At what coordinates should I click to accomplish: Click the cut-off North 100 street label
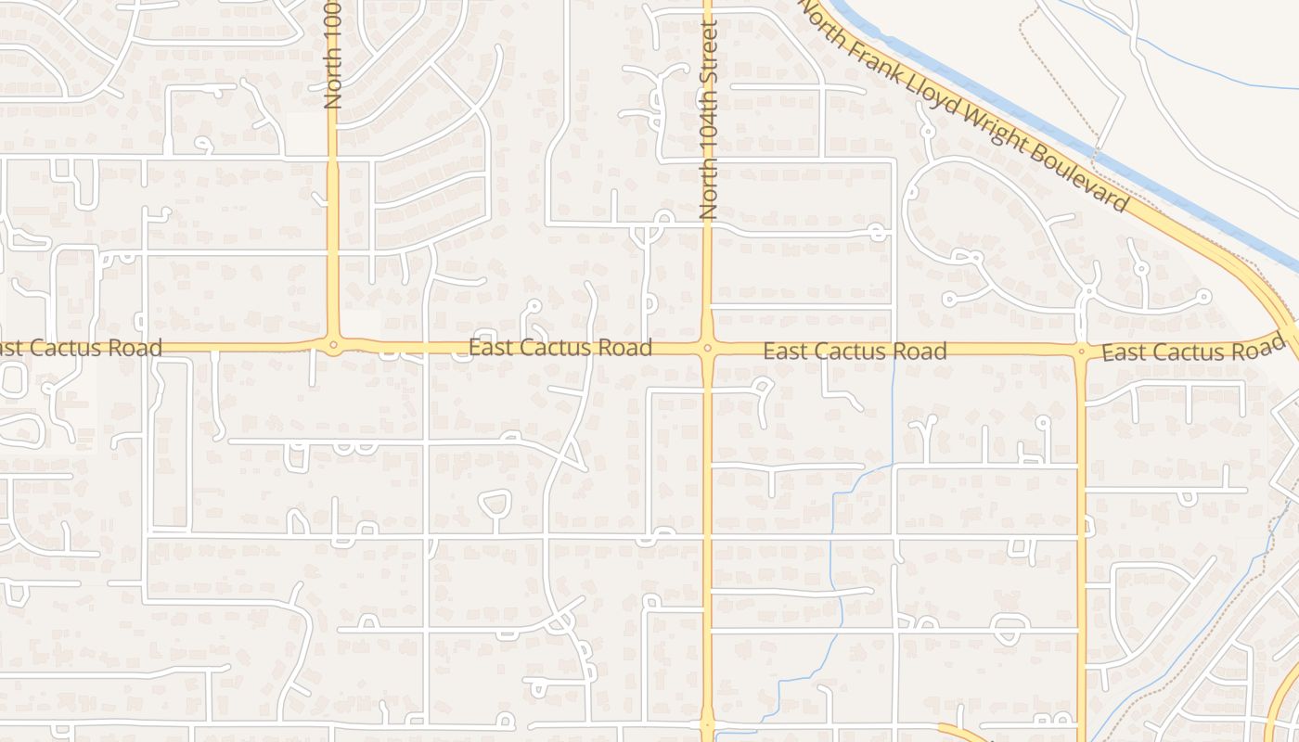(x=333, y=56)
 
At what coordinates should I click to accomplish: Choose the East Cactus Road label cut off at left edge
(x=80, y=349)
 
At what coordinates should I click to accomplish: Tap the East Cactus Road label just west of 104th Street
(x=560, y=348)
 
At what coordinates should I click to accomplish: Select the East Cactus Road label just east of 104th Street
(x=855, y=352)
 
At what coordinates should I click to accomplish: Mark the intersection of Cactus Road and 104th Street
(x=708, y=349)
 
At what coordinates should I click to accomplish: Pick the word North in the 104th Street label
(x=709, y=185)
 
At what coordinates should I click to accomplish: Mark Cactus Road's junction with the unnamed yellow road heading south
(x=1081, y=352)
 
